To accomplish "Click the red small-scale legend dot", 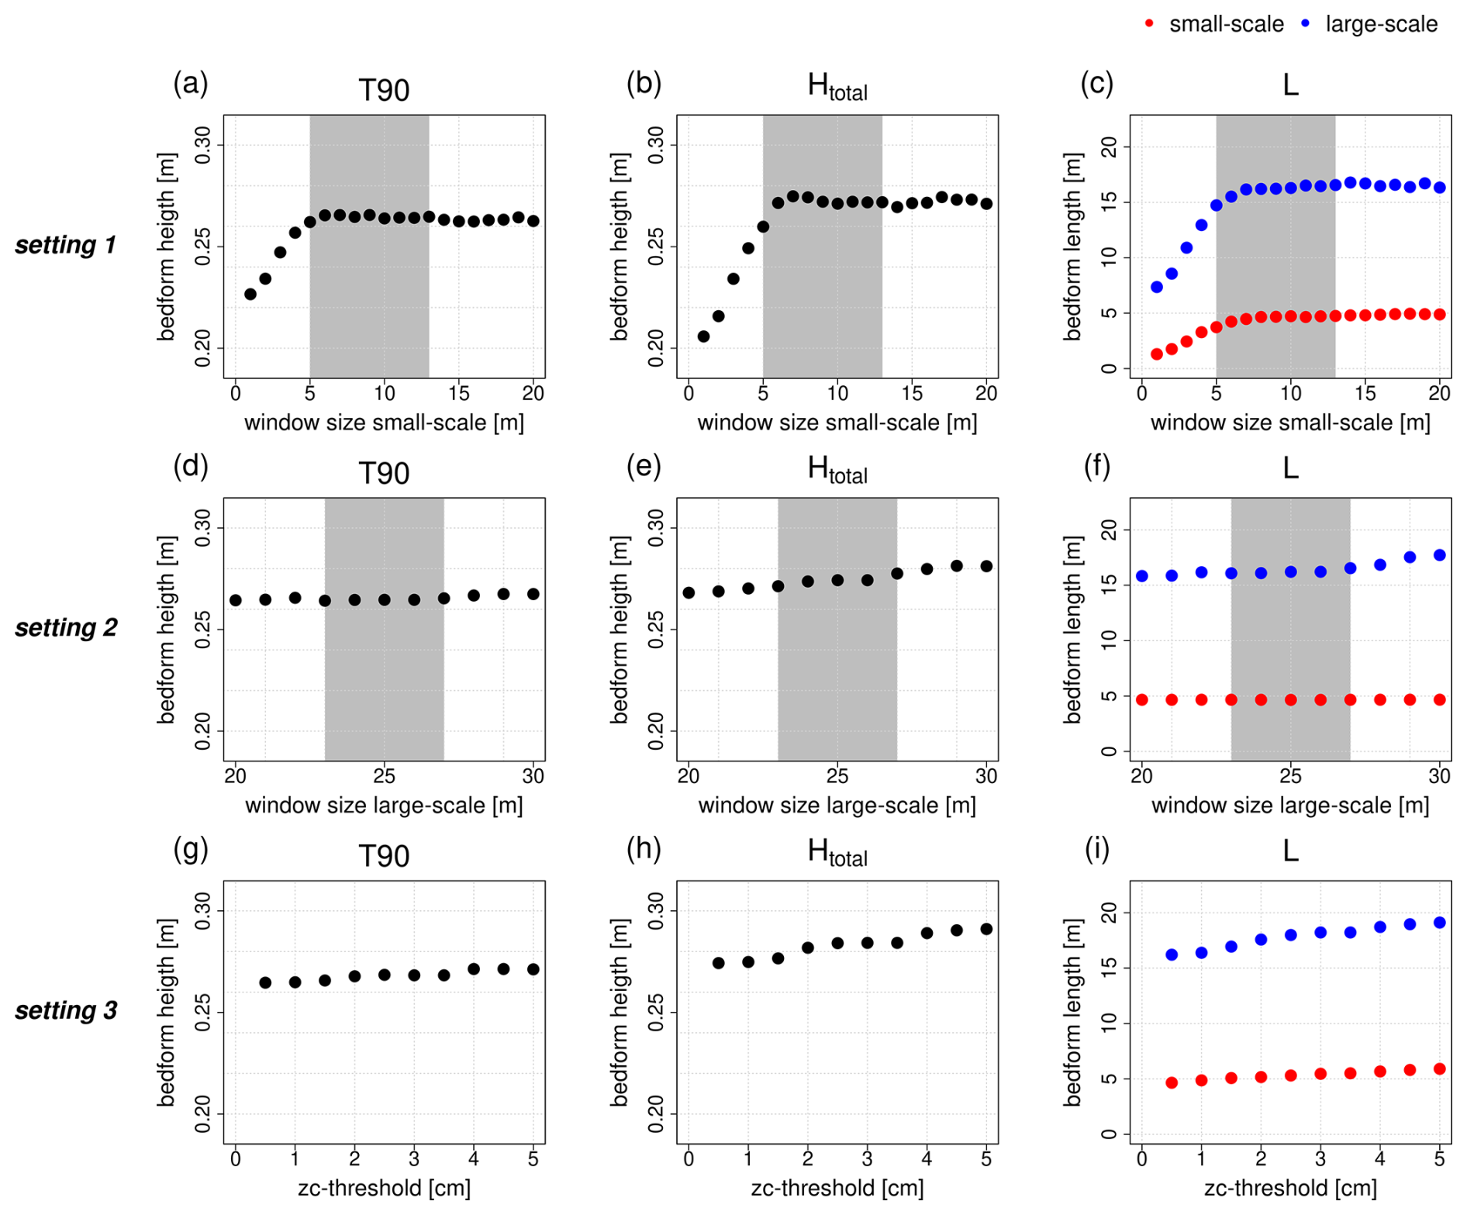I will (x=1149, y=24).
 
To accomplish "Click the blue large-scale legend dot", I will (x=1305, y=24).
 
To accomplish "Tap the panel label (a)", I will (x=190, y=83).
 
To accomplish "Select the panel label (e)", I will (x=644, y=467).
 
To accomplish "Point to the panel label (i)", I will (x=1096, y=850).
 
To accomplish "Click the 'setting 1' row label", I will (x=66, y=245).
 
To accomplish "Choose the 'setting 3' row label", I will (x=66, y=1010).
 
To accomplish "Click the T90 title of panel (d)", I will (x=384, y=473).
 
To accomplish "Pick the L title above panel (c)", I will (x=1290, y=85).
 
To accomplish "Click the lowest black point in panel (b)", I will (x=703, y=337).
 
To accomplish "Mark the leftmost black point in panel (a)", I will (x=250, y=295).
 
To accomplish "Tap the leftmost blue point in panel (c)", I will (x=1157, y=287).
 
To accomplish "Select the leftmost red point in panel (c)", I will (x=1157, y=354).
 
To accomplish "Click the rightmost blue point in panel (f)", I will (x=1440, y=555).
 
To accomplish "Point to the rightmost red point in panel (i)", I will (x=1440, y=1069).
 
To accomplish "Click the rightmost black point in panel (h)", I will (x=986, y=929).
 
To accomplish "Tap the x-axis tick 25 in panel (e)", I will (x=837, y=776).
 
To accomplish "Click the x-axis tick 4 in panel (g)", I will (x=474, y=1159).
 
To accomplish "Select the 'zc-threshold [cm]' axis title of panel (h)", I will (x=837, y=1188).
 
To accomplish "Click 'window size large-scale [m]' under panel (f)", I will (x=1290, y=806).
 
